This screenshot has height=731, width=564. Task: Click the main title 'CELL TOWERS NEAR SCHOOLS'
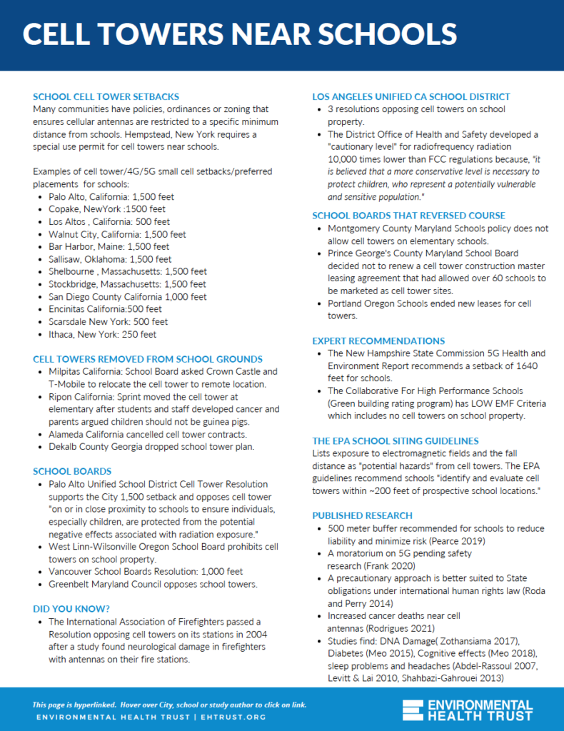pyautogui.click(x=239, y=34)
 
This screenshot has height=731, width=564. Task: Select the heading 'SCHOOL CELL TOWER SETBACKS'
pyautogui.click(x=106, y=96)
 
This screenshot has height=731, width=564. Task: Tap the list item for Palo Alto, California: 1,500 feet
pyautogui.click(x=111, y=196)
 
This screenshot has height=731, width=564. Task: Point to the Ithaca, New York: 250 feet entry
pyautogui.click(x=103, y=334)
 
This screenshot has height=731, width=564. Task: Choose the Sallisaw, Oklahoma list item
pyautogui.click(x=110, y=259)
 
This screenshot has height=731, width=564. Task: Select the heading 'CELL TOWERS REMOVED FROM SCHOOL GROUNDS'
pyautogui.click(x=148, y=359)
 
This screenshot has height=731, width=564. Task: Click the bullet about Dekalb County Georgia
pyautogui.click(x=151, y=447)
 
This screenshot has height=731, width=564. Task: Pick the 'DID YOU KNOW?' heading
pyautogui.click(x=72, y=608)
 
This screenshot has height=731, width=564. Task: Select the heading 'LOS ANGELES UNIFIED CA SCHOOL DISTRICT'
pyautogui.click(x=411, y=96)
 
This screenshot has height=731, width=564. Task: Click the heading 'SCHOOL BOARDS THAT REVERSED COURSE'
pyautogui.click(x=408, y=216)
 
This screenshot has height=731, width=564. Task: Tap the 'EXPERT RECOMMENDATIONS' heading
pyautogui.click(x=378, y=341)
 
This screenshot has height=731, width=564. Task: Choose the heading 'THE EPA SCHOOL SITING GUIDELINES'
pyautogui.click(x=396, y=440)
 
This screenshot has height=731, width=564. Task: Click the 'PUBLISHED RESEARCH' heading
pyautogui.click(x=363, y=515)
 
